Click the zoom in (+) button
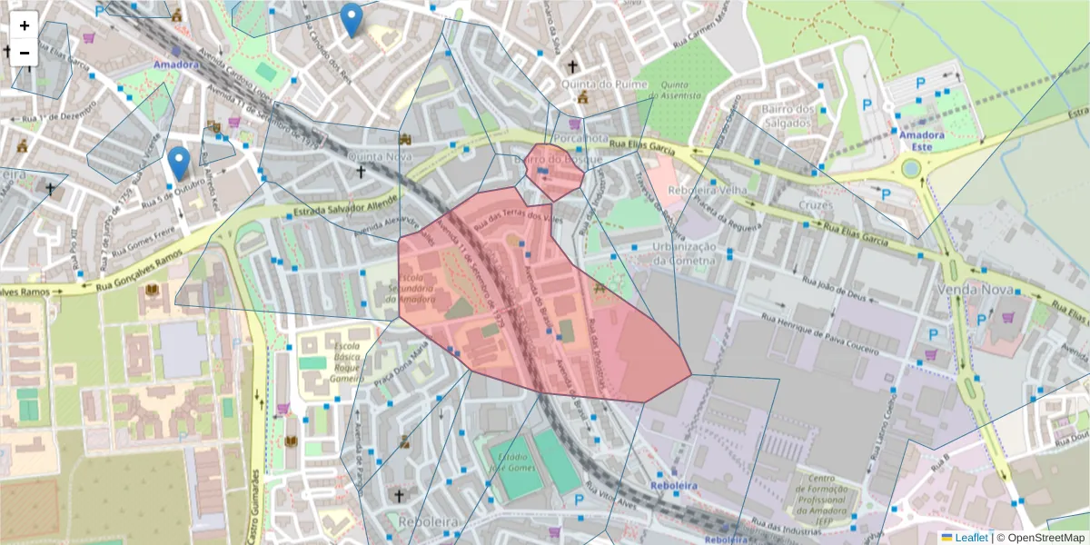coord(25,25)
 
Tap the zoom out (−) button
coord(25,52)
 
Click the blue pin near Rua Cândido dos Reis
coord(351,19)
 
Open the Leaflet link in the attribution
coord(971,538)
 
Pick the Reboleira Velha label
coord(708,190)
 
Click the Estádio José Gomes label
coord(515,450)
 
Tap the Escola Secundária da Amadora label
coord(420,288)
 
